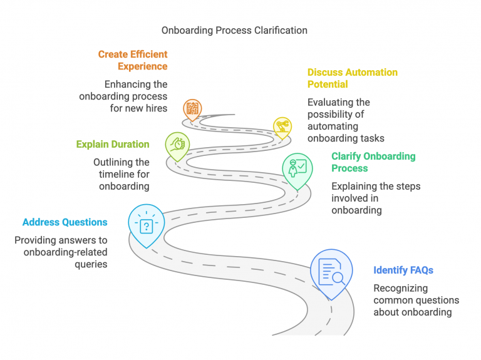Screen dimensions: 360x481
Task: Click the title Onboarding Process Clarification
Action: click(x=234, y=30)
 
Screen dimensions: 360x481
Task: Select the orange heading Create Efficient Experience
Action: click(x=132, y=60)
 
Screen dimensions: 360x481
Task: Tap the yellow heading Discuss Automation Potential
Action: click(x=352, y=78)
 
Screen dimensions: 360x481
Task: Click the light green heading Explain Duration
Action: click(x=113, y=144)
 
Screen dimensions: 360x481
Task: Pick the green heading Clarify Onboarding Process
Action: click(x=373, y=162)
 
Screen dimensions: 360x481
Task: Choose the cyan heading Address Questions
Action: click(x=65, y=222)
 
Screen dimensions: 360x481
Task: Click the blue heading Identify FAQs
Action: click(x=403, y=270)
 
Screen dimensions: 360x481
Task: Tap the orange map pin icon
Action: click(x=192, y=109)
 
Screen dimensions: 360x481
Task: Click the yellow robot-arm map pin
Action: click(x=282, y=126)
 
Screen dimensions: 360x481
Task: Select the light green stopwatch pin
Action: click(x=177, y=143)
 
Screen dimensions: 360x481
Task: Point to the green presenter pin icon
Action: click(x=297, y=168)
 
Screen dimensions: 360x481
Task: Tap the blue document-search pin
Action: click(x=331, y=271)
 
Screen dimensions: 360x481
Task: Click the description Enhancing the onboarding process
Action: click(x=123, y=96)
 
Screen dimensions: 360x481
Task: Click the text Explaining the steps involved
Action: click(x=376, y=198)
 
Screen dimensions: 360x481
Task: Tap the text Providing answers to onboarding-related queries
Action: click(x=61, y=252)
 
